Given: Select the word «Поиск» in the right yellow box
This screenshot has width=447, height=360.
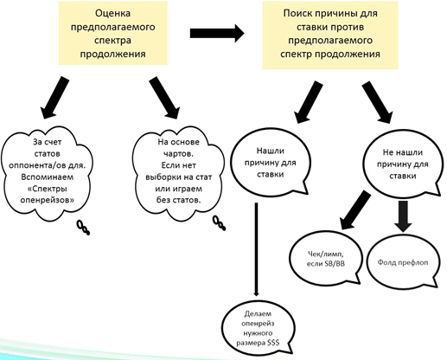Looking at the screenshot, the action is [297, 13].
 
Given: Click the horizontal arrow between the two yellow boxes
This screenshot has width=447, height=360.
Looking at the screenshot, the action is [217, 33].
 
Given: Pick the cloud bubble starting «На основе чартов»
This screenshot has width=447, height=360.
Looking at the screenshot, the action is [178, 173].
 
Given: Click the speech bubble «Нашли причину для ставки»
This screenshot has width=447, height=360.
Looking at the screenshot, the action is [271, 164].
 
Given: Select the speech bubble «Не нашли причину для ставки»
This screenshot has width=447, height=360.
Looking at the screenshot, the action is [402, 164].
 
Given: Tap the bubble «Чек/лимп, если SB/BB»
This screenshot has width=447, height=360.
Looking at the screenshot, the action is [326, 259].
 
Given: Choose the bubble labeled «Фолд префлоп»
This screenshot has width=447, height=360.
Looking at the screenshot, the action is [403, 262].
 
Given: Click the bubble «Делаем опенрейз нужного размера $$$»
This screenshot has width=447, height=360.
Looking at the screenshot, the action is [259, 329].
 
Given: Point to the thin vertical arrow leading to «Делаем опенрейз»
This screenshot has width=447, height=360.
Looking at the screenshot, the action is [256, 249].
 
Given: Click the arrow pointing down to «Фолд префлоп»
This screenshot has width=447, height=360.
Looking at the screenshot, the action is [403, 216].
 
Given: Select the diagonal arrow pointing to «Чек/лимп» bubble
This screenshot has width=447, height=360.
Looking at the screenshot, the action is [354, 210].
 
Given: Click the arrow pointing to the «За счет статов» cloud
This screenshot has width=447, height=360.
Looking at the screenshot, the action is [54, 98].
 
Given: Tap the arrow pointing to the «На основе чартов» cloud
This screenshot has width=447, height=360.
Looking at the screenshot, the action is [164, 98].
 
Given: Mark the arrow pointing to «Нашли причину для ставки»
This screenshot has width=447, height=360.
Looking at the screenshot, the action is [309, 102].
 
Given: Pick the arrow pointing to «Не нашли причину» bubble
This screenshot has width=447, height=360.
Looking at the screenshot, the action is [377, 102].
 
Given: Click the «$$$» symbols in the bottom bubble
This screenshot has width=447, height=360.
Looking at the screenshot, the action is [273, 343].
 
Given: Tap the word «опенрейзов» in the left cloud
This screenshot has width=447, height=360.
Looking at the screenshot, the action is [47, 200].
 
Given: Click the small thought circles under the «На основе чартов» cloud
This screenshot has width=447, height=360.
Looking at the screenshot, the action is [220, 223].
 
